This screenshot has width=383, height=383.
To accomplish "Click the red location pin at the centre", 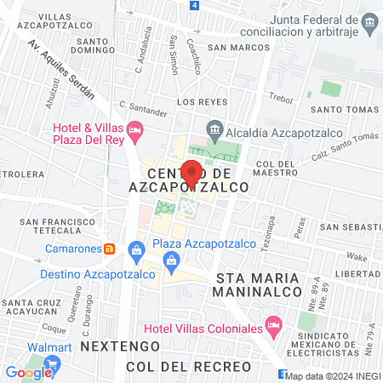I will click(x=192, y=173).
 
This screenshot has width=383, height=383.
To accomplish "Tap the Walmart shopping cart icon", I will click(x=52, y=364).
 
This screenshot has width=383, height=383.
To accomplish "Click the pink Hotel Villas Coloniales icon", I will click(x=273, y=324).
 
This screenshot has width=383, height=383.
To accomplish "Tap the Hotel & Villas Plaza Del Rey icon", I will click(x=136, y=130).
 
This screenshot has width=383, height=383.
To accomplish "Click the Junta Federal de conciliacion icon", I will click(x=369, y=21).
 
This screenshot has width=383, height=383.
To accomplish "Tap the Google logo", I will click(x=28, y=372).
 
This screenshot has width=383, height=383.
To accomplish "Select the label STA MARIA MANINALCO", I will click(x=260, y=285).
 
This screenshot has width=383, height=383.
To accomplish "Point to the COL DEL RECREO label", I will click(x=188, y=367).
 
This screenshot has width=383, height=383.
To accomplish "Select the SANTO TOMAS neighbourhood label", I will click(x=343, y=110).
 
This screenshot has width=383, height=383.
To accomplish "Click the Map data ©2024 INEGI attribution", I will click(x=333, y=375).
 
